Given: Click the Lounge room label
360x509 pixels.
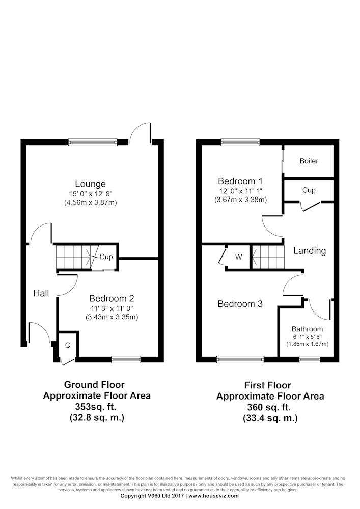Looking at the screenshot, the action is [x=90, y=184].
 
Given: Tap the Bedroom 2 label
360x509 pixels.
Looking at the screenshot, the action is [x=112, y=298].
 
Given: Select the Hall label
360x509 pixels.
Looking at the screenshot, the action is [x=41, y=294].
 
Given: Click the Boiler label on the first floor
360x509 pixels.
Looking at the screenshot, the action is [x=309, y=161].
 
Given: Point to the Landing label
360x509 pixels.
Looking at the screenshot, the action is [x=310, y=251].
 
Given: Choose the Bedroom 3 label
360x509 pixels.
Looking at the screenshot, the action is [x=240, y=304].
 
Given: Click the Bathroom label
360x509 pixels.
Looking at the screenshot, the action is [x=307, y=329].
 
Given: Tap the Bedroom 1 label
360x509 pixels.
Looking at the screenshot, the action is [x=240, y=181].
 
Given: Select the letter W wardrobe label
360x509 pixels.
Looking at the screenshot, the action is [x=239, y=257].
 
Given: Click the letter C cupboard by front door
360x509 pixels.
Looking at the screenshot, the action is [x=68, y=345].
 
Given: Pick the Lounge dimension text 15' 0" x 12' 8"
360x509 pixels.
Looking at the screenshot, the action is [x=91, y=194].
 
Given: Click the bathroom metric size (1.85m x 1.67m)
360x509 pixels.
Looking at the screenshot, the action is [x=307, y=344].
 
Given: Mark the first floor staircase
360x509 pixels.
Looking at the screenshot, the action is [x=268, y=257].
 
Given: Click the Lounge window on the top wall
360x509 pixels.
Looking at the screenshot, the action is [x=93, y=142].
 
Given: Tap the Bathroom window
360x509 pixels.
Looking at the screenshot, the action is [x=310, y=359].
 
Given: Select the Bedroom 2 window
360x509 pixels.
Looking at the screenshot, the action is [x=126, y=359].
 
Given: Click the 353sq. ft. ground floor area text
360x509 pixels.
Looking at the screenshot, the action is [x=96, y=406].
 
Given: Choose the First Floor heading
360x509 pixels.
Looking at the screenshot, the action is [x=268, y=385].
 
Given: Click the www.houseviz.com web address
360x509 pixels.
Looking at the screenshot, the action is [x=213, y=496].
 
